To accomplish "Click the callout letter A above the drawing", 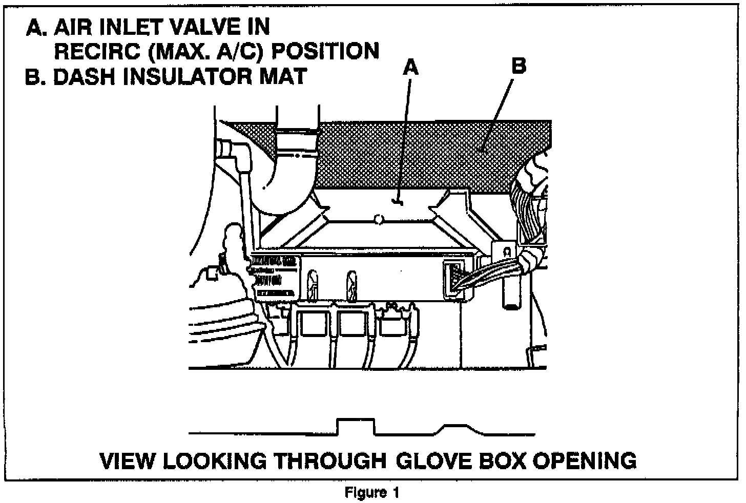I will [x=410, y=67].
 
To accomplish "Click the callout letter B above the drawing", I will [x=519, y=67].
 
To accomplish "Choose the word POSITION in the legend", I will [x=325, y=51].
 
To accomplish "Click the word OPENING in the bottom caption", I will [x=585, y=460].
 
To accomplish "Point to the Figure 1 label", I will [x=372, y=493].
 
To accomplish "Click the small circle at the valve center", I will [x=378, y=220].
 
